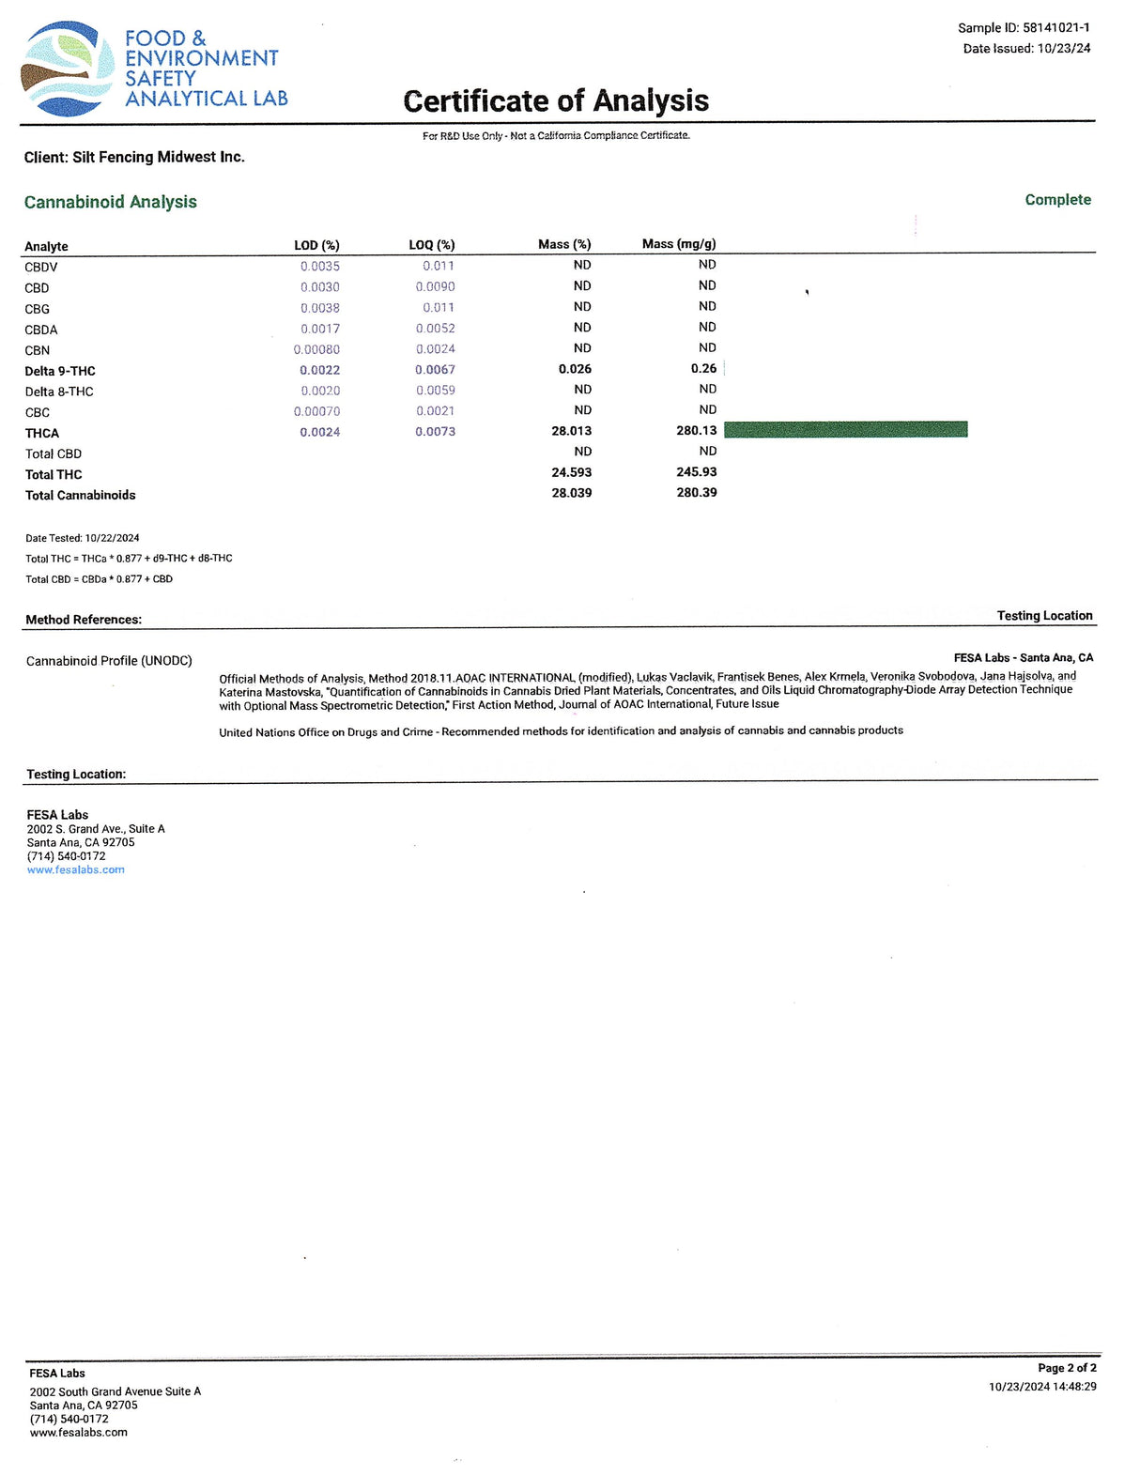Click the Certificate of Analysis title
tap(556, 100)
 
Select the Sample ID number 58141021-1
tap(1055, 28)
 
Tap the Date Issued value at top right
tap(1064, 49)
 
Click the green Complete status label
tap(1057, 200)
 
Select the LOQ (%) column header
tap(431, 245)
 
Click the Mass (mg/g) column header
tap(679, 244)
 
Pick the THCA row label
tap(42, 433)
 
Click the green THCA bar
tap(845, 430)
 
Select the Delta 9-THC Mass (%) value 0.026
tap(575, 369)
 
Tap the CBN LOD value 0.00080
tap(316, 349)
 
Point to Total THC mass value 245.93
tap(696, 472)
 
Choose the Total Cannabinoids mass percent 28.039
tap(571, 493)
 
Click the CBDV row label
tap(41, 268)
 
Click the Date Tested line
tap(83, 538)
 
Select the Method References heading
tap(84, 620)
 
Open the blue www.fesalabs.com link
tap(76, 870)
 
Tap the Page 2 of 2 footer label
tap(1067, 1368)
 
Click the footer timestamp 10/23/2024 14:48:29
tap(1042, 1387)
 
